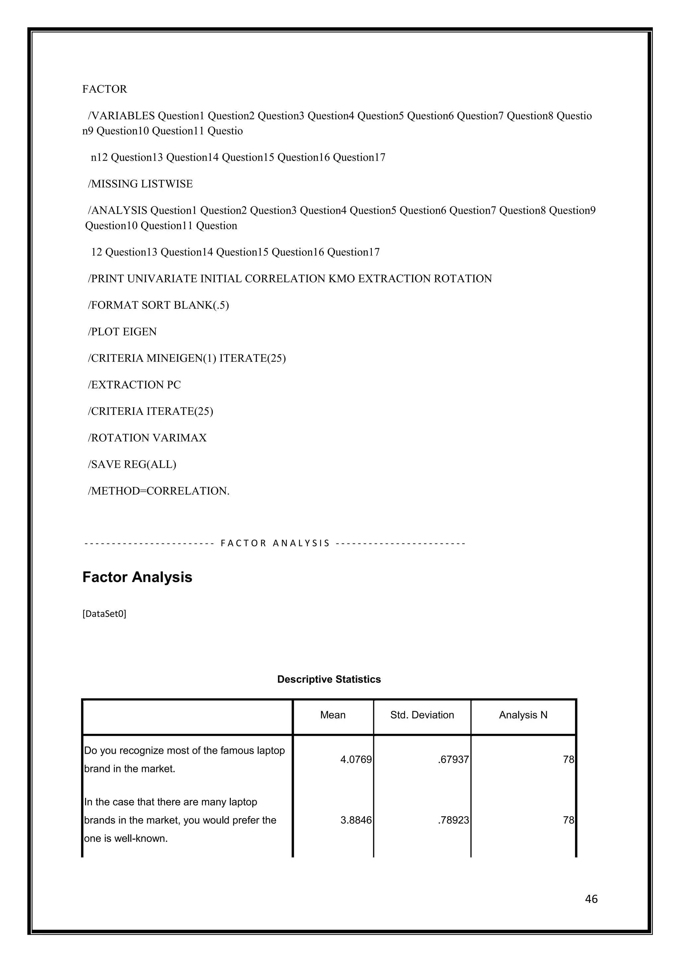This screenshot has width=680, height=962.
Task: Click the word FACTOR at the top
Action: pos(104,89)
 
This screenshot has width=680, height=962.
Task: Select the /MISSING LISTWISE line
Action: pos(140,184)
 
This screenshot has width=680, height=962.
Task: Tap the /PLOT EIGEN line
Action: pos(122,332)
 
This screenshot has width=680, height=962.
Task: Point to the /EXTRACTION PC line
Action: pos(134,385)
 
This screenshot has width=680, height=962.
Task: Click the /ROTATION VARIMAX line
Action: pos(147,438)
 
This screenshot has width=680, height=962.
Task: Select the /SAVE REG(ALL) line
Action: pos(132,464)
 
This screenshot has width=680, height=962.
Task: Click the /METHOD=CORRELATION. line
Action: pos(158,491)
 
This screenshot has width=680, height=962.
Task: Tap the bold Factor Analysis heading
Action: pos(137,577)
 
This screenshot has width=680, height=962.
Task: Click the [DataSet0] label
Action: pos(104,614)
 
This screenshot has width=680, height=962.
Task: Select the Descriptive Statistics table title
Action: pos(329,679)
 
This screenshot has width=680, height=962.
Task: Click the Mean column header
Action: pos(333,715)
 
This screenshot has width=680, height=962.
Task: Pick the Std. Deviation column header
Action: pos(422,715)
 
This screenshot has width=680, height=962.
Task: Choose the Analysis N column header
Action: pos(523,715)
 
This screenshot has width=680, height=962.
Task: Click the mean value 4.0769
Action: pos(356,760)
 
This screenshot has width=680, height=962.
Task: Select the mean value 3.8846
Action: pos(356,820)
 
